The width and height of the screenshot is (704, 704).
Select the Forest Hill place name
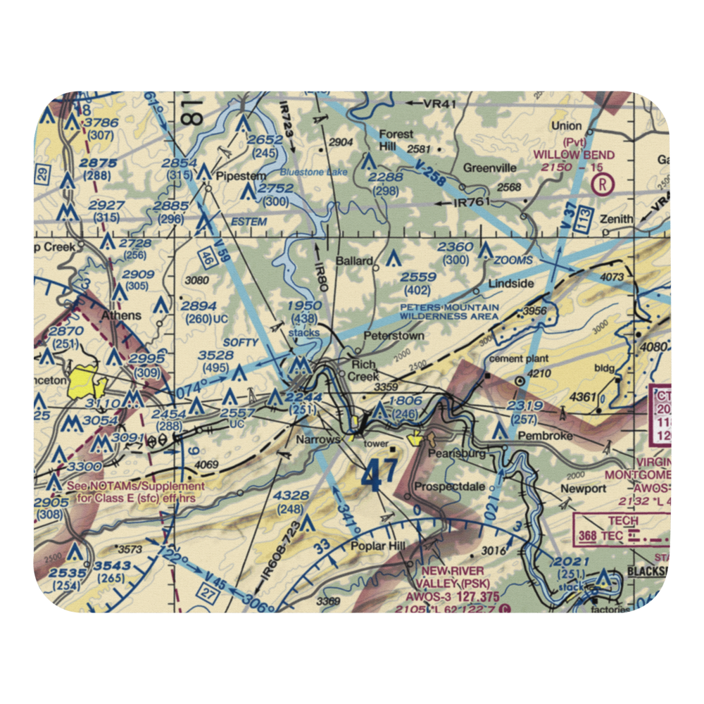(x=396, y=139)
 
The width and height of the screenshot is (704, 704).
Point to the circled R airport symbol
(x=603, y=185)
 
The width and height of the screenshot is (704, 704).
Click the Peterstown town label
(x=394, y=337)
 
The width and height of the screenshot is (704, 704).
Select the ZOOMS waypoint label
(x=513, y=260)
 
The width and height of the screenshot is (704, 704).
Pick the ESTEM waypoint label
(x=249, y=222)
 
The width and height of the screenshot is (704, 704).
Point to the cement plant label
(x=514, y=360)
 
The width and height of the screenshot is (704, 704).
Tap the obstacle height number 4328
(x=291, y=496)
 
